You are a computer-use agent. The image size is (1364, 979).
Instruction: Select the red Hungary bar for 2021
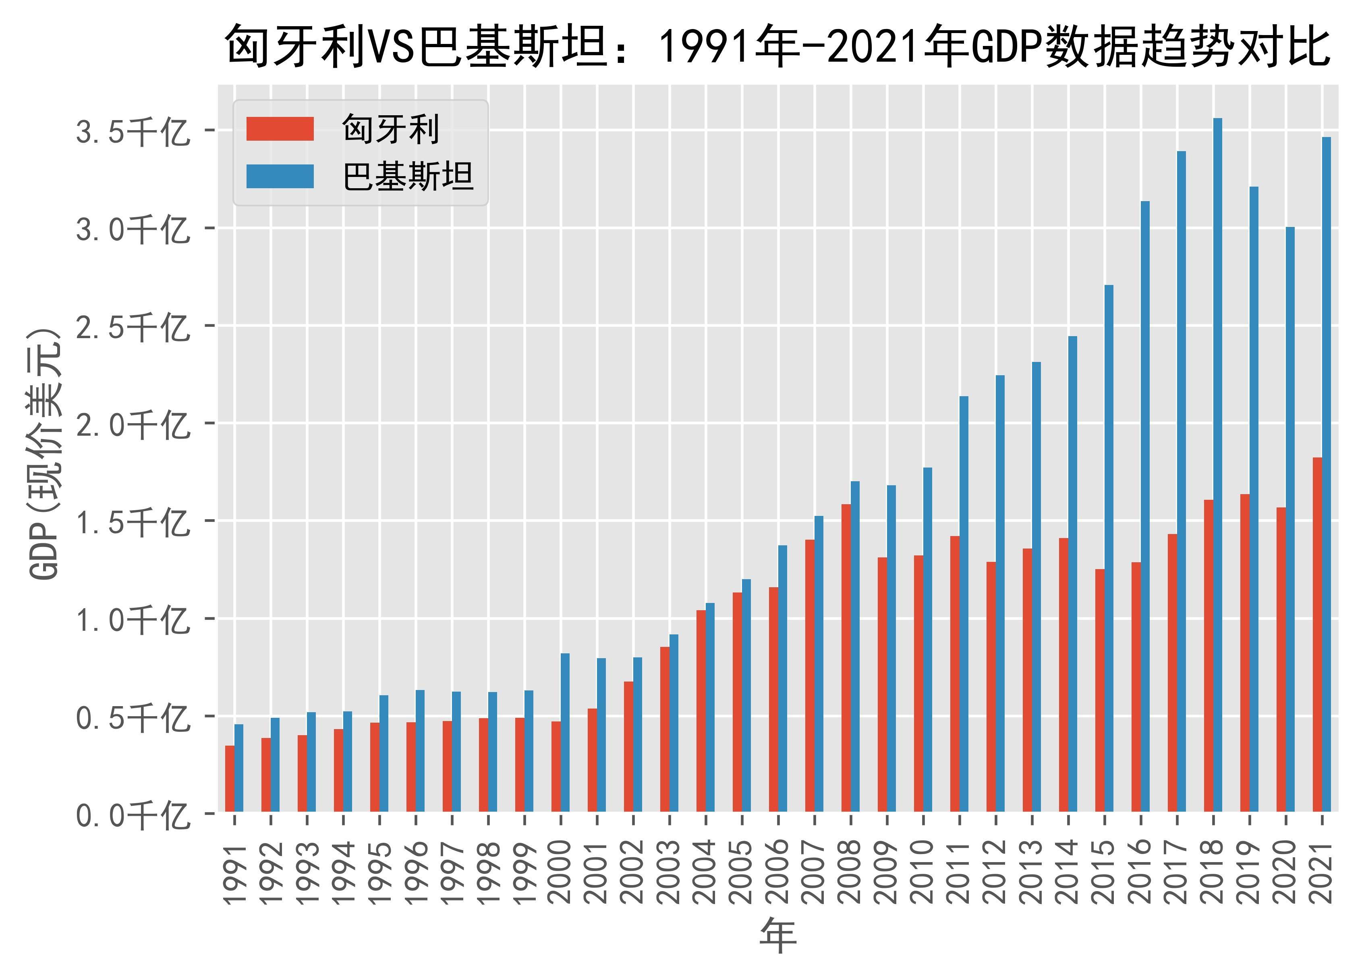pos(1317,634)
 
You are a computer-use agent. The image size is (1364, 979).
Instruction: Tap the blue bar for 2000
pos(565,732)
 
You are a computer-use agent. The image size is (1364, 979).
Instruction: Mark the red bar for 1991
pos(230,779)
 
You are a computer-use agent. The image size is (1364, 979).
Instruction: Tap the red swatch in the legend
pos(280,129)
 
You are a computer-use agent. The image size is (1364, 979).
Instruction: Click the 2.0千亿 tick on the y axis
pos(132,424)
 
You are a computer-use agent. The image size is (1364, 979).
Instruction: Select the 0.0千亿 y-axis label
pos(132,815)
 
